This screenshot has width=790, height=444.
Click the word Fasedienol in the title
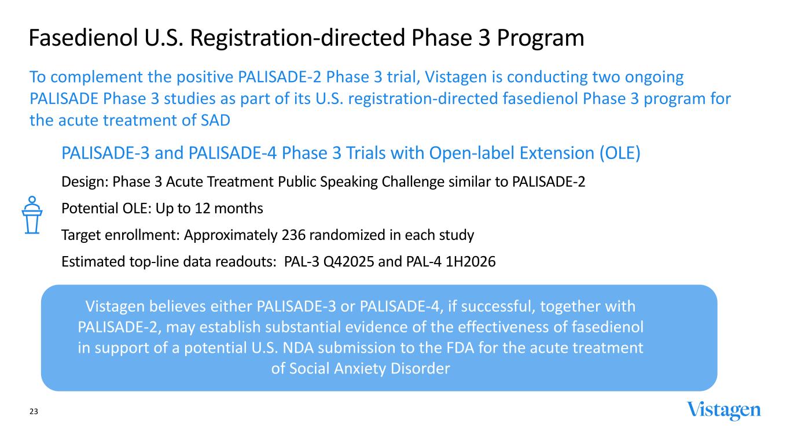coord(83,38)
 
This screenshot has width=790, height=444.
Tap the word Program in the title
coord(541,38)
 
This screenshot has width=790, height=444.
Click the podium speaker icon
coord(32,214)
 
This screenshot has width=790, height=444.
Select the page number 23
coord(34,411)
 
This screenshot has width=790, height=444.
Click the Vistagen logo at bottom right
coord(723,411)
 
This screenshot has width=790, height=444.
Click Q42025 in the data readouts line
coord(348,262)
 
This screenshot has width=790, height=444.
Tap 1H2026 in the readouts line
coord(471,262)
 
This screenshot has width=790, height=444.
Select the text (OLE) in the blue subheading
coord(620,153)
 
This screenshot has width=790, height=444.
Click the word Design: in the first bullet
coord(85,182)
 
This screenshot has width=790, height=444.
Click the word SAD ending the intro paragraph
coord(215,120)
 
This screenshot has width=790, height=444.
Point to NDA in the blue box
coord(298,348)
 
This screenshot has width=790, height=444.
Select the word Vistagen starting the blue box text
coord(115,306)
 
